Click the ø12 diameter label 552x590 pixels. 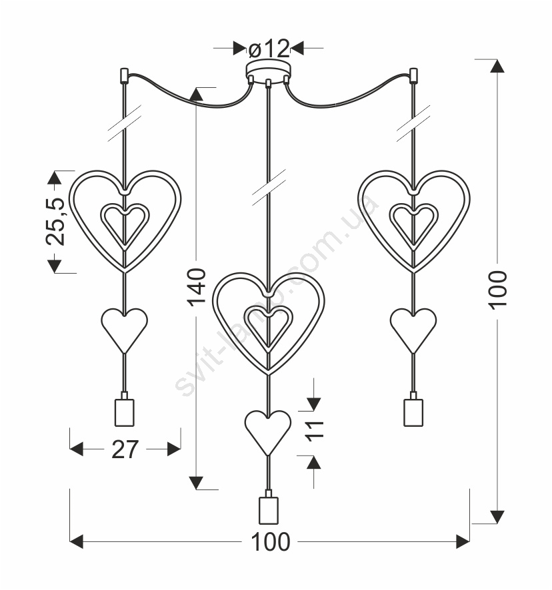click(x=269, y=48)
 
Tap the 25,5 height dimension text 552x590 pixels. click(x=55, y=222)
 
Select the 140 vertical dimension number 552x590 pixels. click(x=197, y=287)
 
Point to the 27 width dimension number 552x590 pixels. click(x=125, y=449)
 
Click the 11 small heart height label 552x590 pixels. click(x=314, y=430)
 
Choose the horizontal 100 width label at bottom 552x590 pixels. click(x=270, y=542)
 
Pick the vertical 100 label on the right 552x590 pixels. click(x=498, y=290)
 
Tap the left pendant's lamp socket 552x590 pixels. click(x=125, y=409)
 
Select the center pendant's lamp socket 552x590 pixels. click(x=268, y=507)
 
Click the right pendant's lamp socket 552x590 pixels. click(x=413, y=409)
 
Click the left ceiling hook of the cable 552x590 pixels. click(x=124, y=76)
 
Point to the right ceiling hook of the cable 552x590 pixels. click(x=413, y=76)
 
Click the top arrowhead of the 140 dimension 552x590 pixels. click(x=196, y=94)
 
